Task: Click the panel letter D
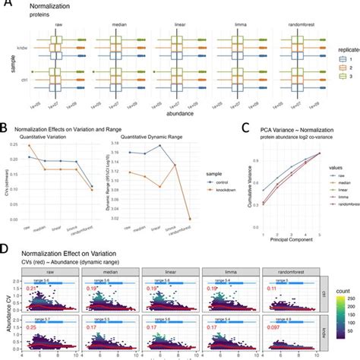[x=5, y=248]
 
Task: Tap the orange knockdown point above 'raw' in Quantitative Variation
[x=30, y=145]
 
